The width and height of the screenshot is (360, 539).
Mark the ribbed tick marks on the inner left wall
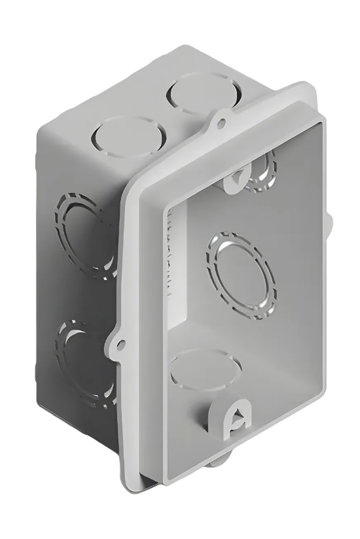[x=171, y=262]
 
